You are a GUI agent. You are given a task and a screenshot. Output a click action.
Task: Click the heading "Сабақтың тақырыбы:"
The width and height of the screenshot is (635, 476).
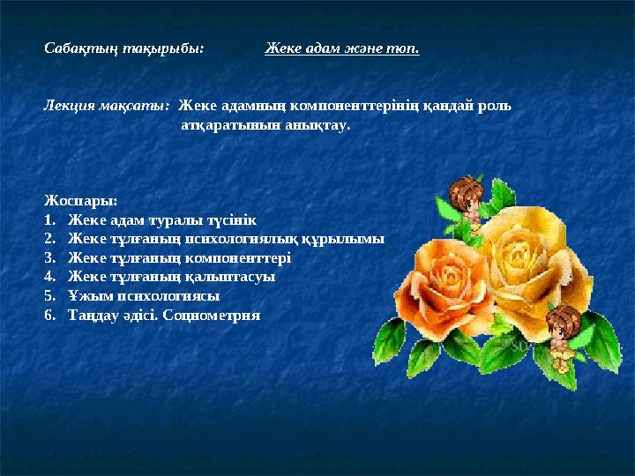pos(124,48)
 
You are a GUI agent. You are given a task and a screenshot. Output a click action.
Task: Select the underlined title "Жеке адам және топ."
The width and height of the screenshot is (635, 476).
pos(342,48)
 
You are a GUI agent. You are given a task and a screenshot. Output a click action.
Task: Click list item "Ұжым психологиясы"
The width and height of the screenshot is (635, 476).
pos(144,296)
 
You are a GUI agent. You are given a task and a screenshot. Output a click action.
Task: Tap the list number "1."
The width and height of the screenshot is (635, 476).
pos(50,219)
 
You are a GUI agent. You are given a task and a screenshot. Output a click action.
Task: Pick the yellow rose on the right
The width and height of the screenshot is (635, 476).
pos(527,257)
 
